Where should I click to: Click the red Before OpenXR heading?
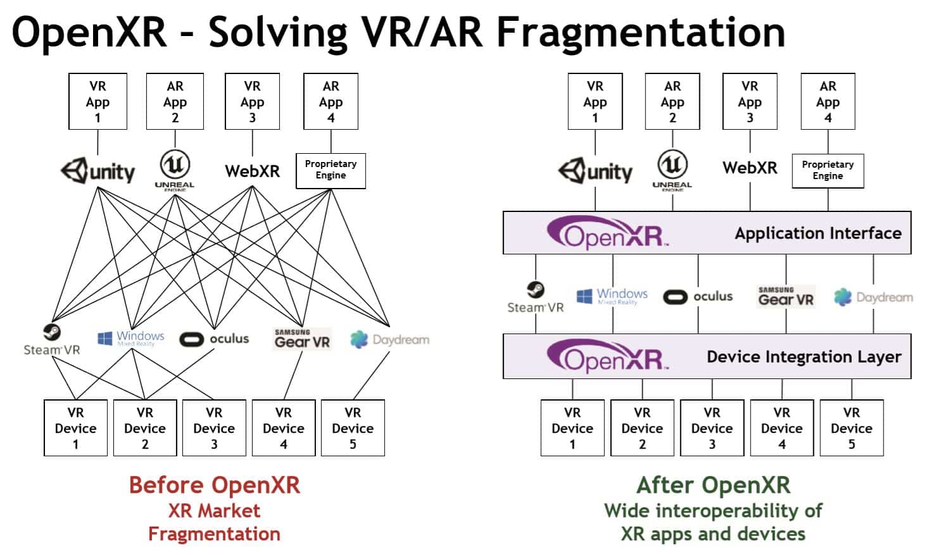pyautogui.click(x=214, y=485)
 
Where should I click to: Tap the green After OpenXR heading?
pyautogui.click(x=713, y=485)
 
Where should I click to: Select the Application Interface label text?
pyautogui.click(x=818, y=234)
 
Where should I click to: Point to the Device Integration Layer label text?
pyautogui.click(x=804, y=357)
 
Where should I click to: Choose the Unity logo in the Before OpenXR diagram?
pyautogui.click(x=98, y=171)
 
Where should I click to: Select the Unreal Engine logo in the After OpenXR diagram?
pyautogui.click(x=672, y=170)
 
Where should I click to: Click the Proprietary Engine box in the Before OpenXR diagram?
pyautogui.click(x=331, y=170)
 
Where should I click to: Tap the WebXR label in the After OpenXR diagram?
pyautogui.click(x=750, y=168)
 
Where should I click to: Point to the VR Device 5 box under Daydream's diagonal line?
pyautogui.click(x=353, y=428)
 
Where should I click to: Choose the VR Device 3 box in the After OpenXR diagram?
pyautogui.click(x=712, y=428)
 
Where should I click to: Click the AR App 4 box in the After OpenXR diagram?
pyautogui.click(x=828, y=102)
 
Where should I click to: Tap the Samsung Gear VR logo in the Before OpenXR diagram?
pyautogui.click(x=301, y=339)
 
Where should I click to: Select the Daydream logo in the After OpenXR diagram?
pyautogui.click(x=873, y=297)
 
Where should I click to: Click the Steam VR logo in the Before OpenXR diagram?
pyautogui.click(x=52, y=340)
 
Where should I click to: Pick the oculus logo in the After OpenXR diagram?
pyautogui.click(x=698, y=296)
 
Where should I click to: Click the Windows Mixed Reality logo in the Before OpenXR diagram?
pyautogui.click(x=131, y=338)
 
